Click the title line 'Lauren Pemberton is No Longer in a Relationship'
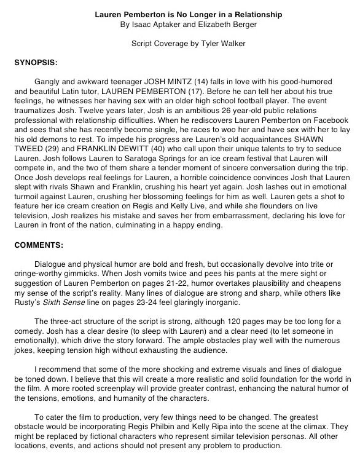click(x=179, y=12)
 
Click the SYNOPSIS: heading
click(x=36, y=63)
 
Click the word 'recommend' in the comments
click(x=62, y=369)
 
